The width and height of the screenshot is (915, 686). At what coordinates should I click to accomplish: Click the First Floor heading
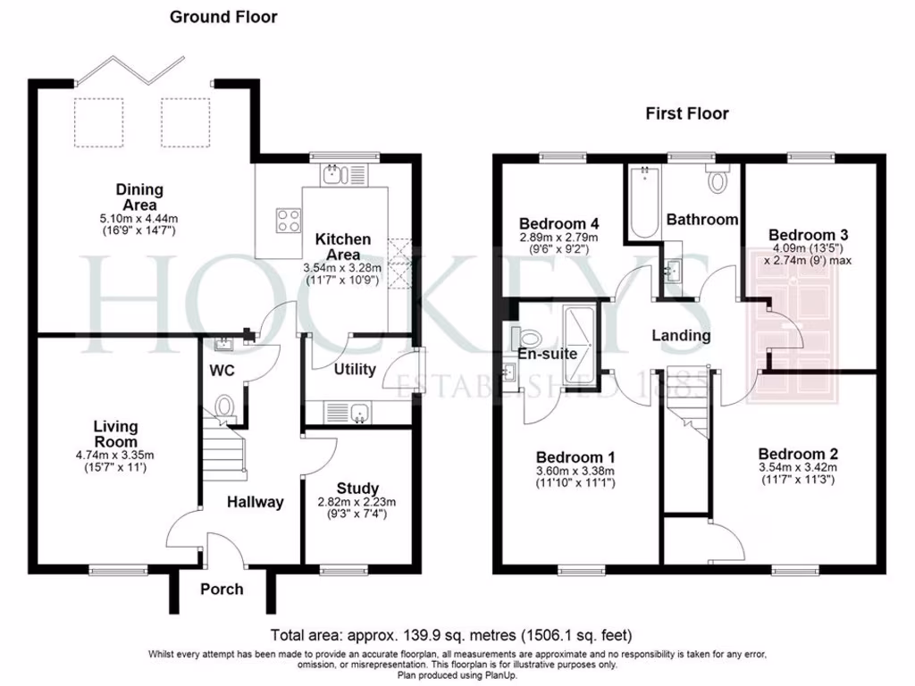tap(686, 113)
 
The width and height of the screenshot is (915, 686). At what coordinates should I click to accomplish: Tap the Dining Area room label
tap(139, 197)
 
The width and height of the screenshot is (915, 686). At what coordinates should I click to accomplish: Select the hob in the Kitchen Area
tap(289, 220)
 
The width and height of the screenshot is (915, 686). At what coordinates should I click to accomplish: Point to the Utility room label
tap(355, 370)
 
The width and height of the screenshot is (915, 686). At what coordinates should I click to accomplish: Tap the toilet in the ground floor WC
tap(223, 406)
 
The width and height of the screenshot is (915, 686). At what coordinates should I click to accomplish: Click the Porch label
tap(222, 589)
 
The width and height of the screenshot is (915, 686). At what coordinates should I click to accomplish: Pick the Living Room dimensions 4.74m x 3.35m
tap(116, 456)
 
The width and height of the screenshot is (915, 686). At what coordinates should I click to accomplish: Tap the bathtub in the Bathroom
tap(644, 203)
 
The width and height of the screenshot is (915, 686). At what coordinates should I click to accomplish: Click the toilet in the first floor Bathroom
tap(718, 180)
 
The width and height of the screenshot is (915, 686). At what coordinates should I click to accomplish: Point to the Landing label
tap(681, 336)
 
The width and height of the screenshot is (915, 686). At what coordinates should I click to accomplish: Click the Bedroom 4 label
tap(558, 223)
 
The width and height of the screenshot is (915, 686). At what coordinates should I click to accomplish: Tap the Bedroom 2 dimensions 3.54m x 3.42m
tap(797, 467)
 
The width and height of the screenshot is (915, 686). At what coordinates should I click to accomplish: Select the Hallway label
tap(255, 502)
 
